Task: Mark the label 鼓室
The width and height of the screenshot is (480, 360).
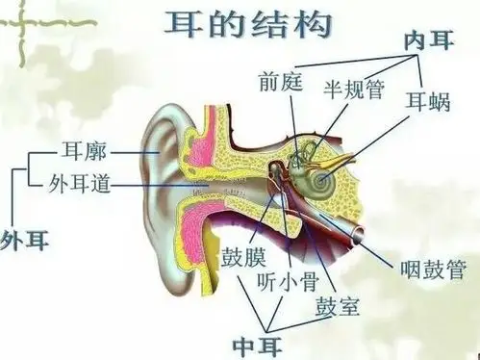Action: pyautogui.click(x=336, y=309)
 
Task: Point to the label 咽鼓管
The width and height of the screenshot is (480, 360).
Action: pyautogui.click(x=428, y=261)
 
